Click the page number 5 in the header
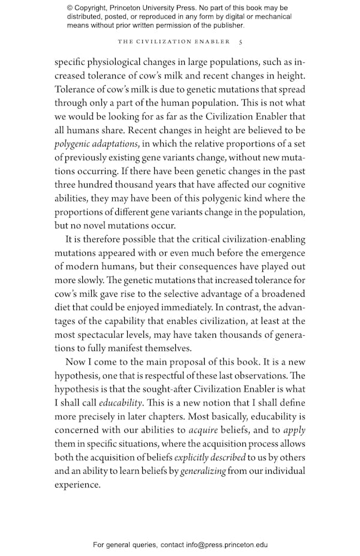pyautogui.click(x=241, y=42)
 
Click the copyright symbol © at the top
pyautogui.click(x=70, y=8)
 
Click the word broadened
pyautogui.click(x=280, y=294)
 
